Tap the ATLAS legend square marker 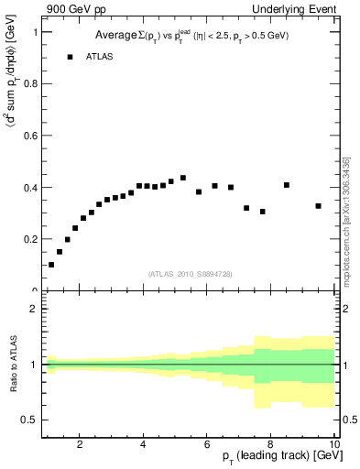click(x=70, y=57)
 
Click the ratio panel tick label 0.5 click(x=29, y=420)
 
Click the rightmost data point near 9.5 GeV click(x=318, y=206)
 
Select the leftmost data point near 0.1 click(x=51, y=265)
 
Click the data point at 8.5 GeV click(x=287, y=185)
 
